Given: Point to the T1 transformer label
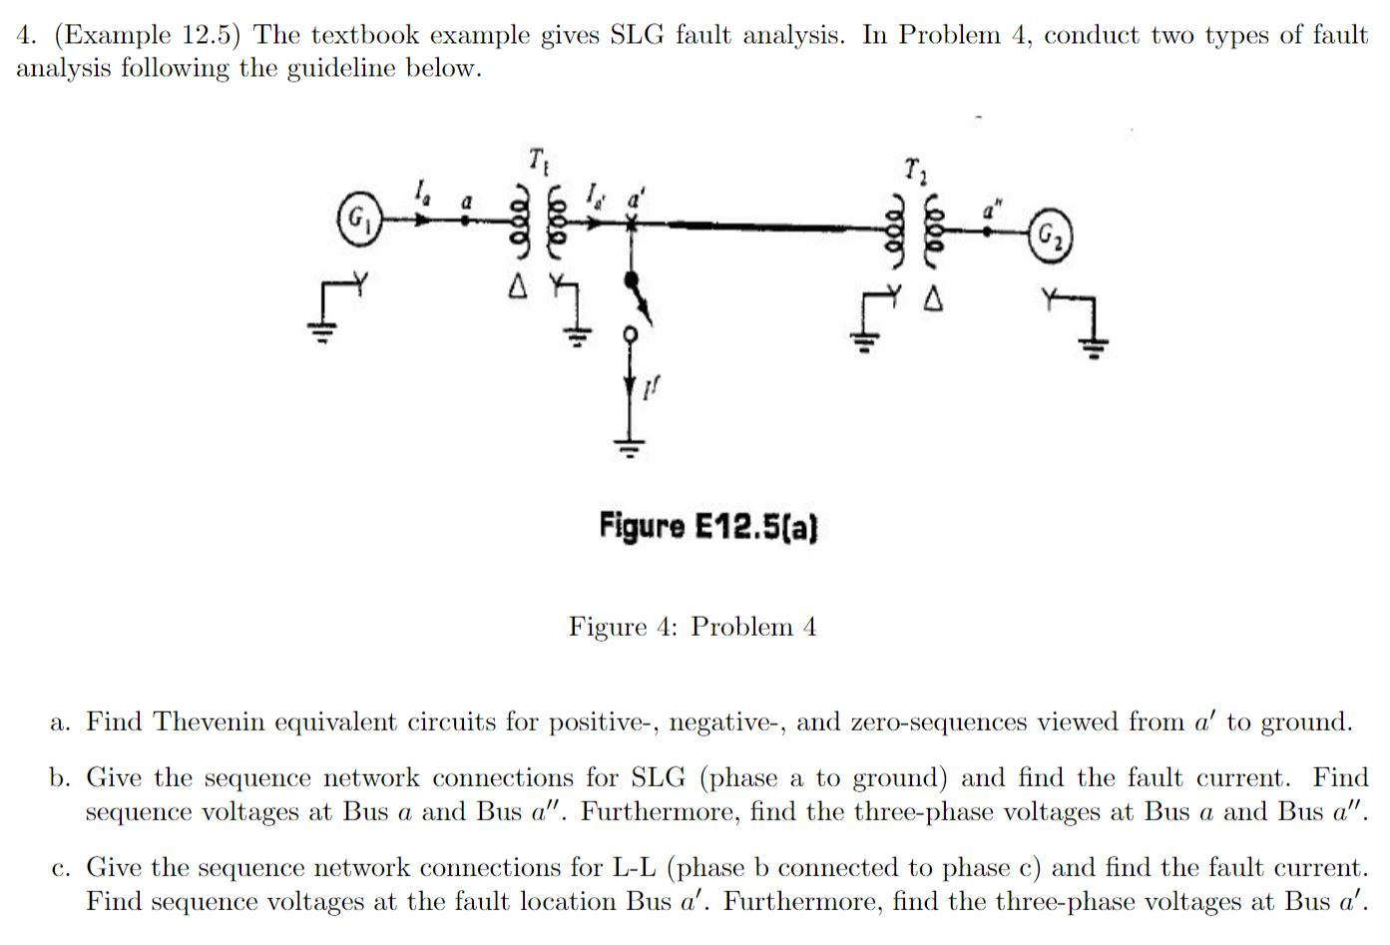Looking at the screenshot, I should [537, 159].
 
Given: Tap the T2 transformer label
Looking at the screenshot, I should [913, 169].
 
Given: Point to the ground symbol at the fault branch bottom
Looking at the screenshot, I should [629, 444].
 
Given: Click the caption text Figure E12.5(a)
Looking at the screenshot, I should [708, 525].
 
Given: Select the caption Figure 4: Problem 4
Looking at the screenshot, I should [693, 627].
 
